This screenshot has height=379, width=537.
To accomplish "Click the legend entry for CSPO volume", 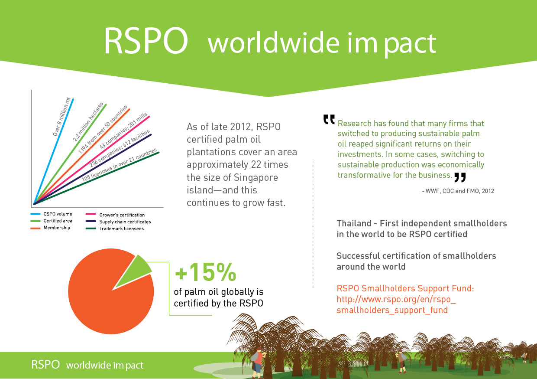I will [x=57, y=214].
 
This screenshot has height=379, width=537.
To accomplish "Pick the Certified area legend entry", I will [x=58, y=221].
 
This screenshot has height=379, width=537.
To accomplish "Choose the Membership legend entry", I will [x=56, y=228].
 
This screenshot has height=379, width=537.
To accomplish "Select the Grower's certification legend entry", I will [x=122, y=215].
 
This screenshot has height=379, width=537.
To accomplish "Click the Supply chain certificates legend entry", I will [x=125, y=222].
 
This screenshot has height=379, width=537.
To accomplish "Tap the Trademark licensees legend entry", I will [x=121, y=229].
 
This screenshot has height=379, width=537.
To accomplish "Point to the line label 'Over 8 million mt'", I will [x=61, y=117].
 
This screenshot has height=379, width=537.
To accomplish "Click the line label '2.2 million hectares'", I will [x=88, y=122].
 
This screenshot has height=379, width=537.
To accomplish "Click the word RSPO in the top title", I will [x=146, y=42].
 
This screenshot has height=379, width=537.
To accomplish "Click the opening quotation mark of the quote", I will [x=329, y=119].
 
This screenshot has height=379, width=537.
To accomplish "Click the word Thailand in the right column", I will [x=354, y=223].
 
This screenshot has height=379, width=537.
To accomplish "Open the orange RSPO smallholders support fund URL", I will [x=396, y=305].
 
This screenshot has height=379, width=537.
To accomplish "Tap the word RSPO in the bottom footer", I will [x=45, y=365].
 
